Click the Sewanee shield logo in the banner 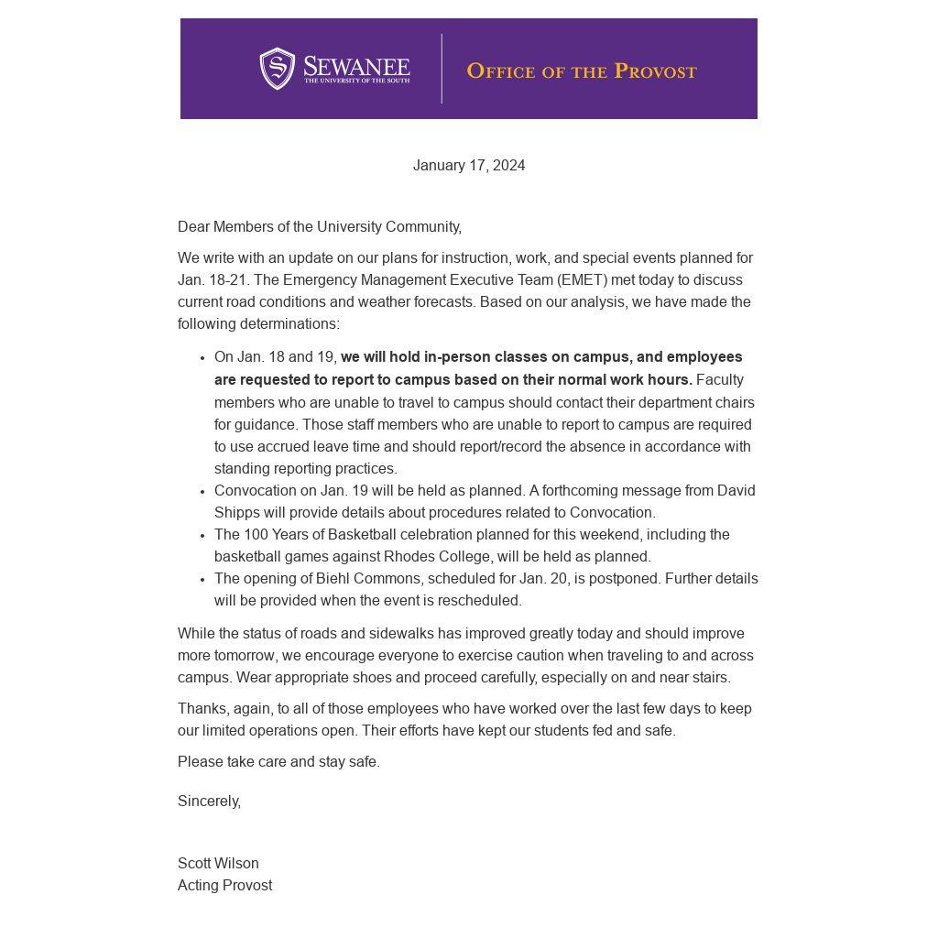coord(277,69)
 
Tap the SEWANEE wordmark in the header coord(356,67)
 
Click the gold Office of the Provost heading coord(582,71)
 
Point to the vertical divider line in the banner coord(442,69)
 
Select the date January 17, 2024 coord(469,166)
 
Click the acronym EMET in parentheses coord(583,280)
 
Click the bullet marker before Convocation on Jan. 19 coord(202,492)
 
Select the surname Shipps coord(237,513)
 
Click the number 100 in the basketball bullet coord(257,535)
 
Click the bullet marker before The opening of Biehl coord(202,580)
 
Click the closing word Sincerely coord(209,802)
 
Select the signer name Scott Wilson coord(218,864)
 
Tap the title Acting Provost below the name coord(224,886)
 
